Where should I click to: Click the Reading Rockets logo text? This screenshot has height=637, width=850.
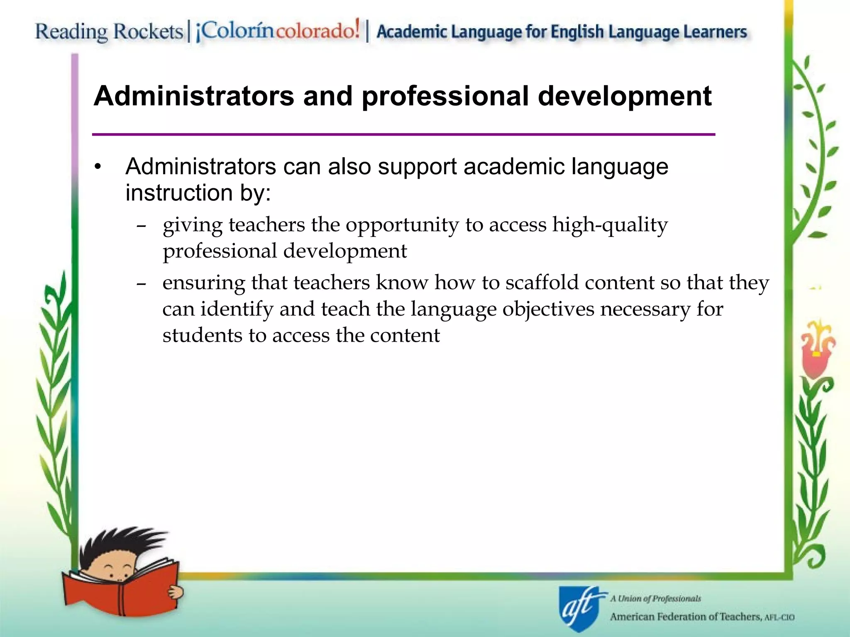click(109, 32)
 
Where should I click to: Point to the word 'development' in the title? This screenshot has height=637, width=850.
click(625, 97)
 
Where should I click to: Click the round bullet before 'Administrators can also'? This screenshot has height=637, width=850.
click(98, 167)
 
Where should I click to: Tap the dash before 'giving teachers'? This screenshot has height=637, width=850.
click(141, 226)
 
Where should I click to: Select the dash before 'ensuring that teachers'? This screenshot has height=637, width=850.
click(141, 284)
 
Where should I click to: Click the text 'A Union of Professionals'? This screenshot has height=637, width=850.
click(655, 598)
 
